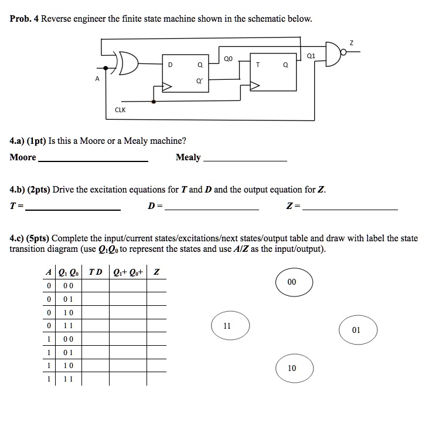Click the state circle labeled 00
[x=292, y=282]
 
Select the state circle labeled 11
[x=230, y=325]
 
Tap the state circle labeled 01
[x=356, y=331]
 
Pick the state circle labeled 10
[x=292, y=369]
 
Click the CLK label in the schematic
[x=120, y=110]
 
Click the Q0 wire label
[x=229, y=59]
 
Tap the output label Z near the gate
[x=352, y=42]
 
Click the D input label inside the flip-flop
[x=171, y=65]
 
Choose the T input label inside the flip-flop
[x=257, y=66]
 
